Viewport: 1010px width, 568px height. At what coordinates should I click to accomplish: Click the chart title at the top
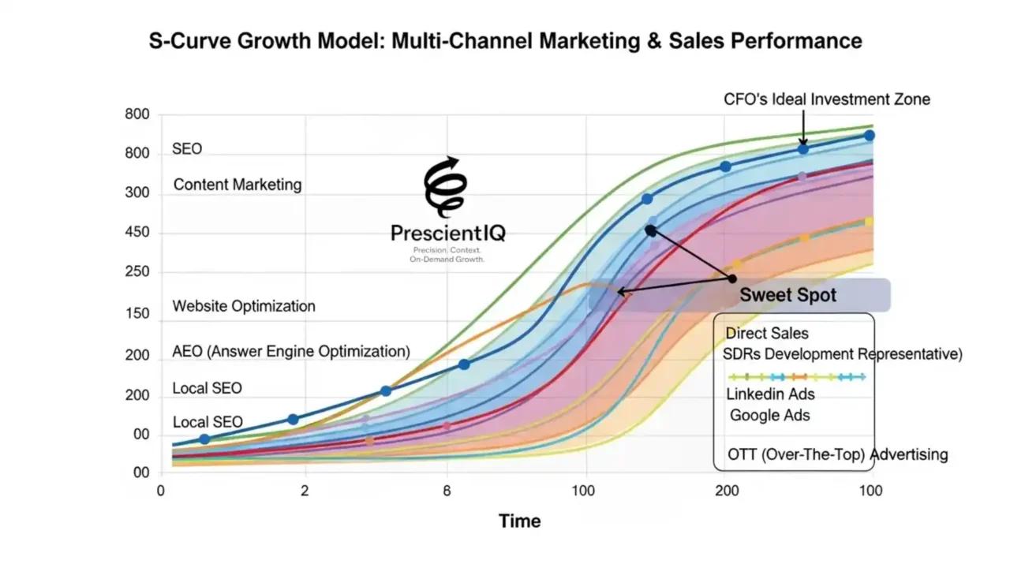click(x=505, y=41)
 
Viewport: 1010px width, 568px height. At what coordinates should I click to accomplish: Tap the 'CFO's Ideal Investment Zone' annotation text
click(x=827, y=99)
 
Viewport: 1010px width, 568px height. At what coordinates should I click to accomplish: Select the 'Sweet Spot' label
click(x=787, y=296)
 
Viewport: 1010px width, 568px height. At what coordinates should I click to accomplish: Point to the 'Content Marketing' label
click(x=238, y=185)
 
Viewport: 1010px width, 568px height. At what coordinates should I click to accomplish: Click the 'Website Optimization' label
click(x=244, y=306)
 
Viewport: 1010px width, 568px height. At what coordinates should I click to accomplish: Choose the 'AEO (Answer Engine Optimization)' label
click(x=291, y=351)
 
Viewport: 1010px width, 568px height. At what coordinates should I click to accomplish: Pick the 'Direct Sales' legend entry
click(x=767, y=334)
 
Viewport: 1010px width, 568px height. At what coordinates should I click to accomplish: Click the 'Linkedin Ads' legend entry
click(x=770, y=394)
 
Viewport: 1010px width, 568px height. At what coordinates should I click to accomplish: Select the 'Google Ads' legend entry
click(x=769, y=415)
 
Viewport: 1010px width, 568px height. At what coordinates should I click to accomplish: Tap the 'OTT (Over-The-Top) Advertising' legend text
click(x=837, y=455)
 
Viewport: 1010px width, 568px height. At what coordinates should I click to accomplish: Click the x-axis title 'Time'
click(x=519, y=521)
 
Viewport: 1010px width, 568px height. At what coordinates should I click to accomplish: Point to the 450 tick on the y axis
click(x=137, y=234)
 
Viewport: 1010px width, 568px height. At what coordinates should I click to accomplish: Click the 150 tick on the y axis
click(x=137, y=314)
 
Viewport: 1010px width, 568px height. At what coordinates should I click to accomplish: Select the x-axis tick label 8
click(x=447, y=491)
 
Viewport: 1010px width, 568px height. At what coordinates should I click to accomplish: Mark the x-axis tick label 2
click(x=305, y=491)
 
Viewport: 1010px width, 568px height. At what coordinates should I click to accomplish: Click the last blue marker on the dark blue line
click(x=869, y=136)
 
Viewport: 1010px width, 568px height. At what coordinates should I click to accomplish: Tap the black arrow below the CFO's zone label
click(x=802, y=126)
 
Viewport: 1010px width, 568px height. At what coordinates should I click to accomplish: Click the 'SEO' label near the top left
click(x=187, y=149)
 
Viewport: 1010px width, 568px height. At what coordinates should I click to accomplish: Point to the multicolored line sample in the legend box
click(x=796, y=377)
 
